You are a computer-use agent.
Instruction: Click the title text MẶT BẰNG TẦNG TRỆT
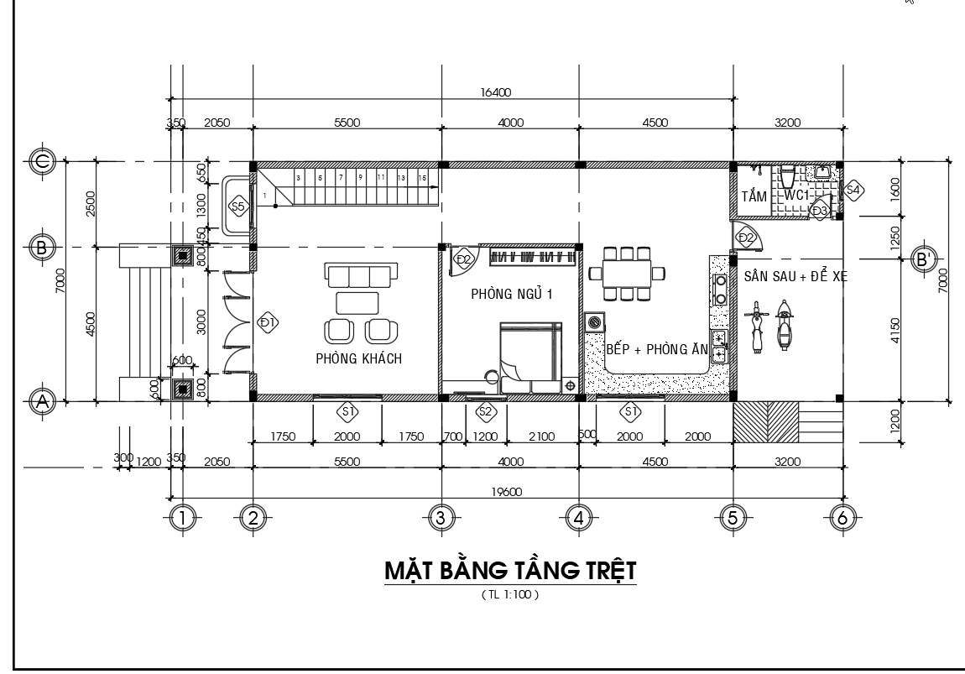pos(510,571)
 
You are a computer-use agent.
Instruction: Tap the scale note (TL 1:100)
pos(509,595)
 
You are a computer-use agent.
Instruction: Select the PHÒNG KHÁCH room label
pos(358,358)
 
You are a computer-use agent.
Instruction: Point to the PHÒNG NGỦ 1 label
pos(511,294)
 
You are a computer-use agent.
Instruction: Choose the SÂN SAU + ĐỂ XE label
pos(794,275)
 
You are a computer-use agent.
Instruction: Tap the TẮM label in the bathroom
pos(754,196)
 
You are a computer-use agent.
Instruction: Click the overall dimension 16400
pos(495,92)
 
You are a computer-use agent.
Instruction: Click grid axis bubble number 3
pos(441,519)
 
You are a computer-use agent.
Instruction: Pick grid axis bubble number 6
pos(842,519)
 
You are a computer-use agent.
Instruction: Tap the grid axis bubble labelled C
pos(41,160)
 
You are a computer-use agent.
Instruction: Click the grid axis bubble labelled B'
pos(925,259)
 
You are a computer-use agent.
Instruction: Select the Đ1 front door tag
pos(268,322)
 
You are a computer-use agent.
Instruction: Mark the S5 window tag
pos(237,206)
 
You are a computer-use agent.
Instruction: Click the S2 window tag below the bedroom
pos(485,411)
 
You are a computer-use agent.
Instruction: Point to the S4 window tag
pos(853,191)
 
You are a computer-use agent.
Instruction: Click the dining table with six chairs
pos(627,273)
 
